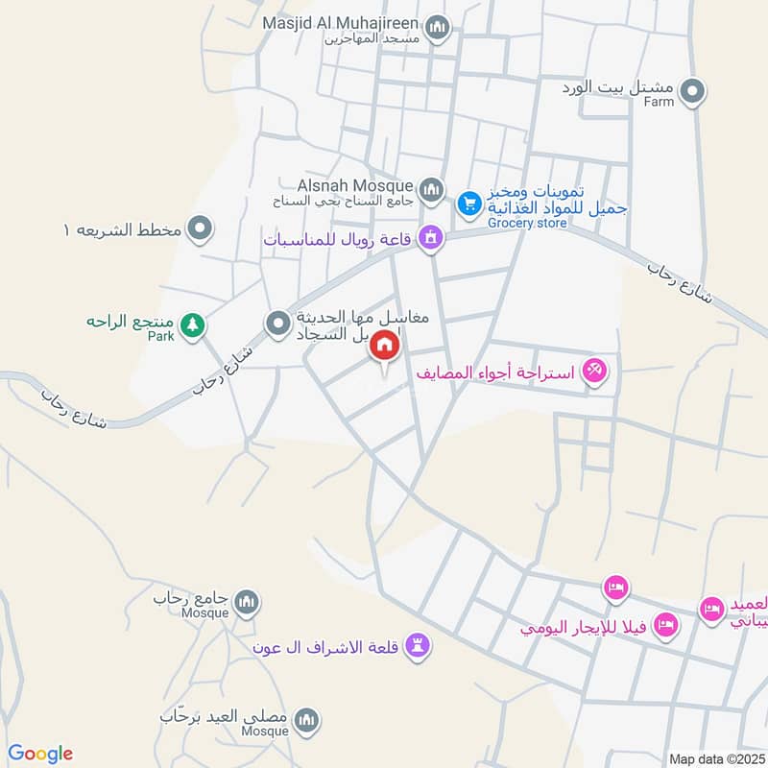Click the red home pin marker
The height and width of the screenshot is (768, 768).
(x=385, y=346)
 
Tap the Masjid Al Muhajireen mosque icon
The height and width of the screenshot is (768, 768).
(x=438, y=28)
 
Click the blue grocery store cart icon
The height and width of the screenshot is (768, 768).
(x=468, y=203)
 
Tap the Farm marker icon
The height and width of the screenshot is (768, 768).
(x=691, y=92)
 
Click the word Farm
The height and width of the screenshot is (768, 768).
(x=660, y=101)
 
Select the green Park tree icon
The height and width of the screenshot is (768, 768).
(x=193, y=325)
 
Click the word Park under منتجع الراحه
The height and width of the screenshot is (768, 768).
(x=160, y=337)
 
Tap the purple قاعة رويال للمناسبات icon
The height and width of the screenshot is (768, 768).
(x=431, y=237)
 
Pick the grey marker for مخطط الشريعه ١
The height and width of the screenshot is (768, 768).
(x=201, y=229)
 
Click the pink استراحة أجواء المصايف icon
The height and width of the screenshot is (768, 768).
(x=595, y=371)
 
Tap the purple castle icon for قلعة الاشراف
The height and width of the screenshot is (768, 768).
(x=417, y=646)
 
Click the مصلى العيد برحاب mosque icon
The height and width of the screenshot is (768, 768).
(x=306, y=720)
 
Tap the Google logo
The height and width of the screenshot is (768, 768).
(x=40, y=754)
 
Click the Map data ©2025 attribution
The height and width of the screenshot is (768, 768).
(x=715, y=758)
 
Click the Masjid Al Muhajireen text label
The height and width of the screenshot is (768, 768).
(x=340, y=21)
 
